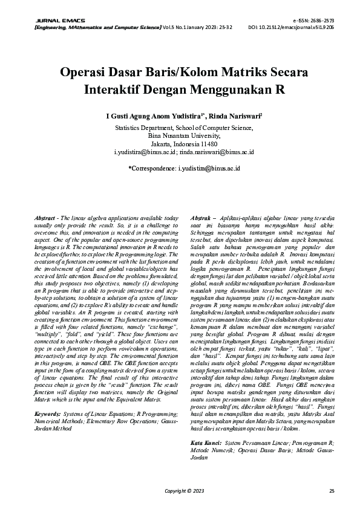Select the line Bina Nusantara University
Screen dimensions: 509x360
180,137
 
